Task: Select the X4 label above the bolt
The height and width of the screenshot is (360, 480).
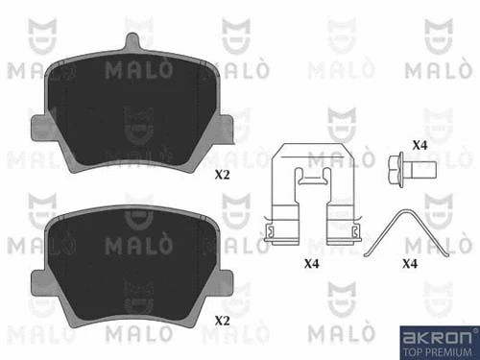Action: coord(419,145)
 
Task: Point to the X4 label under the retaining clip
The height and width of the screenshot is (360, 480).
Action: coord(312,261)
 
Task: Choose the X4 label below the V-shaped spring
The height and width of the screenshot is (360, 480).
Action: coord(410,261)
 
